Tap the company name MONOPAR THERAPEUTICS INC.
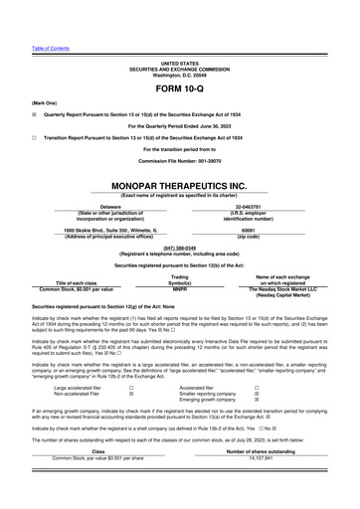coord(179,186)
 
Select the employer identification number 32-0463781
coord(248,207)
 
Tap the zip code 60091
coord(248,231)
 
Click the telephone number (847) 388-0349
coord(179,247)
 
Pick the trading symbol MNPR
coord(180,288)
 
